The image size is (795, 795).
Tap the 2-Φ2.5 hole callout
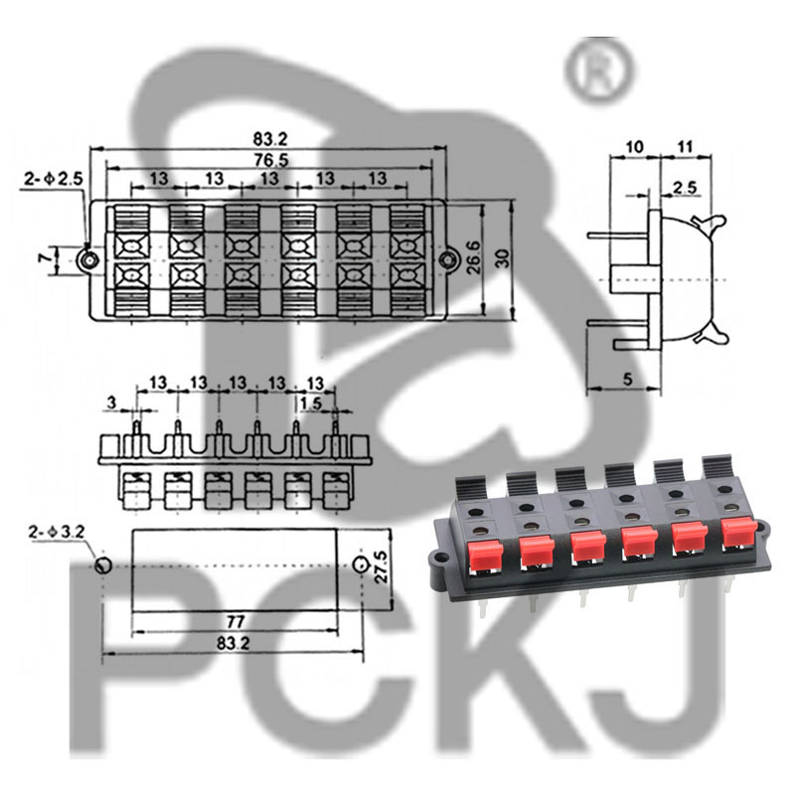pyautogui.click(x=50, y=179)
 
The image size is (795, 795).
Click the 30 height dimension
pyautogui.click(x=504, y=258)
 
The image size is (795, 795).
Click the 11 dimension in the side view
pyautogui.click(x=684, y=147)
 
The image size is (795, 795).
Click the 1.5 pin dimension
pyautogui.click(x=310, y=402)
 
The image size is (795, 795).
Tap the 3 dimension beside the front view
pyautogui.click(x=111, y=402)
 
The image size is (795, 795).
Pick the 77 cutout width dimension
pyautogui.click(x=236, y=622)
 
